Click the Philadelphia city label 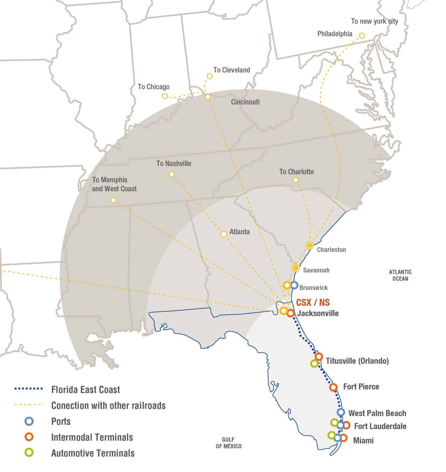point(334,34)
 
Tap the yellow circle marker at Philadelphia point(362,36)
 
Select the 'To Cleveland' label point(232,70)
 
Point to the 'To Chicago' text point(154,87)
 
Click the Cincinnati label point(245,102)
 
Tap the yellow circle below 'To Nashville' point(172,174)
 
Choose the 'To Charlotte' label point(296,172)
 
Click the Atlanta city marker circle point(224,234)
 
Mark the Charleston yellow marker point(310,245)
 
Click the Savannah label point(316,270)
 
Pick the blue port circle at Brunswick point(294,285)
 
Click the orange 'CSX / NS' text point(313,303)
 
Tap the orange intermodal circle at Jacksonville point(291,313)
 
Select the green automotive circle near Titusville point(314,364)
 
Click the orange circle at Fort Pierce point(333,387)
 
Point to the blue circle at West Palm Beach point(341,412)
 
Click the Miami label point(363,441)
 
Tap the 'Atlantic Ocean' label point(400,275)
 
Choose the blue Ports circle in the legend point(29,421)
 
